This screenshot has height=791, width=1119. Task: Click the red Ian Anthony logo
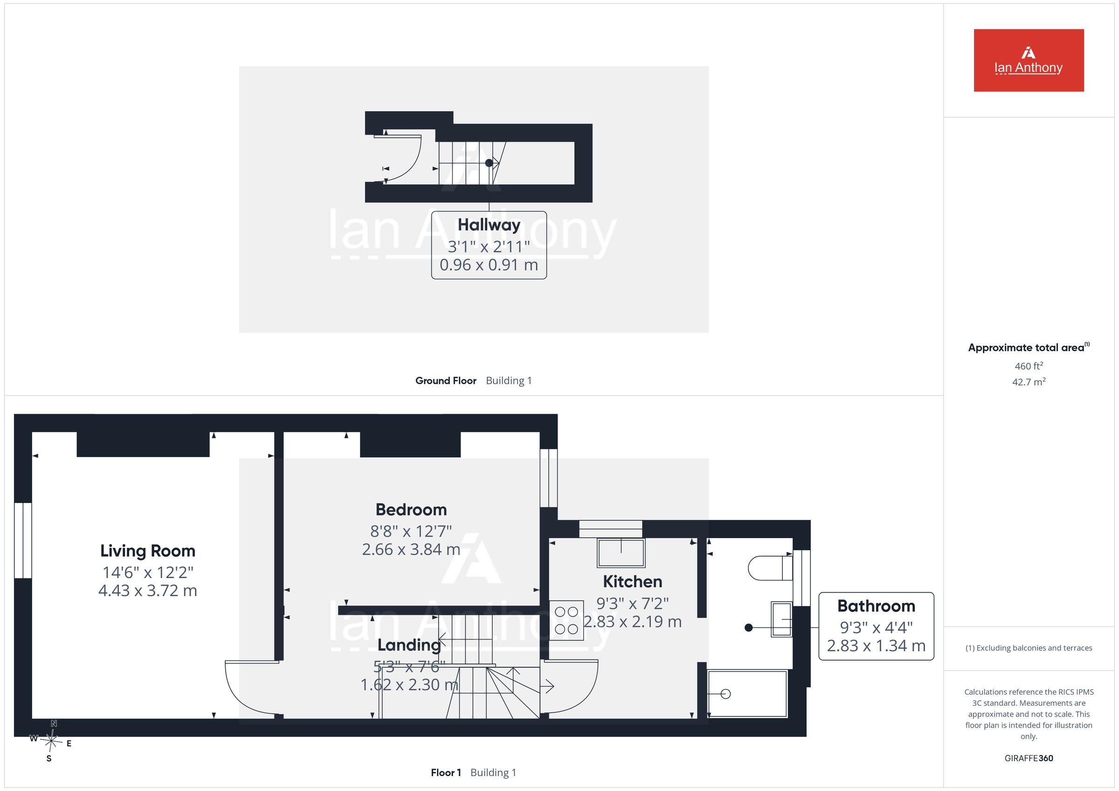(1029, 61)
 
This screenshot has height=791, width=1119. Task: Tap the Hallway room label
(489, 225)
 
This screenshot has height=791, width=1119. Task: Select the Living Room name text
(148, 551)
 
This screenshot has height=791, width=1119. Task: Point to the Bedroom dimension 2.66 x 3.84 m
(411, 549)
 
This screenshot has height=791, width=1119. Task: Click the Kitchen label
(632, 581)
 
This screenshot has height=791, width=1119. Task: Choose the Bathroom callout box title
(876, 606)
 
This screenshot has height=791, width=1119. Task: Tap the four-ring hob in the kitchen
(566, 620)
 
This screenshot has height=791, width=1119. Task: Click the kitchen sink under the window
(621, 552)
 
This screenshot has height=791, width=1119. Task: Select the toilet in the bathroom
(770, 568)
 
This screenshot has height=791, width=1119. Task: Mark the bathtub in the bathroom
(747, 694)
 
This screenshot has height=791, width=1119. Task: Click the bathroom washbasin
(781, 619)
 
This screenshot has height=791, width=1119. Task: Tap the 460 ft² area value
(1029, 366)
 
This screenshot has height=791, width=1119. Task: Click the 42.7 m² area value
(1029, 382)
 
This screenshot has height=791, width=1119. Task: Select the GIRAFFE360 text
(1029, 758)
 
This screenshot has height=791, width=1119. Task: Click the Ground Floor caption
(445, 381)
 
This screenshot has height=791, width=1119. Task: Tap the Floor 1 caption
(445, 772)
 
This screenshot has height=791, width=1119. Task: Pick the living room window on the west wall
(23, 541)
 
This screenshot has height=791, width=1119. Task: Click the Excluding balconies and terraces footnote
(1029, 648)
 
